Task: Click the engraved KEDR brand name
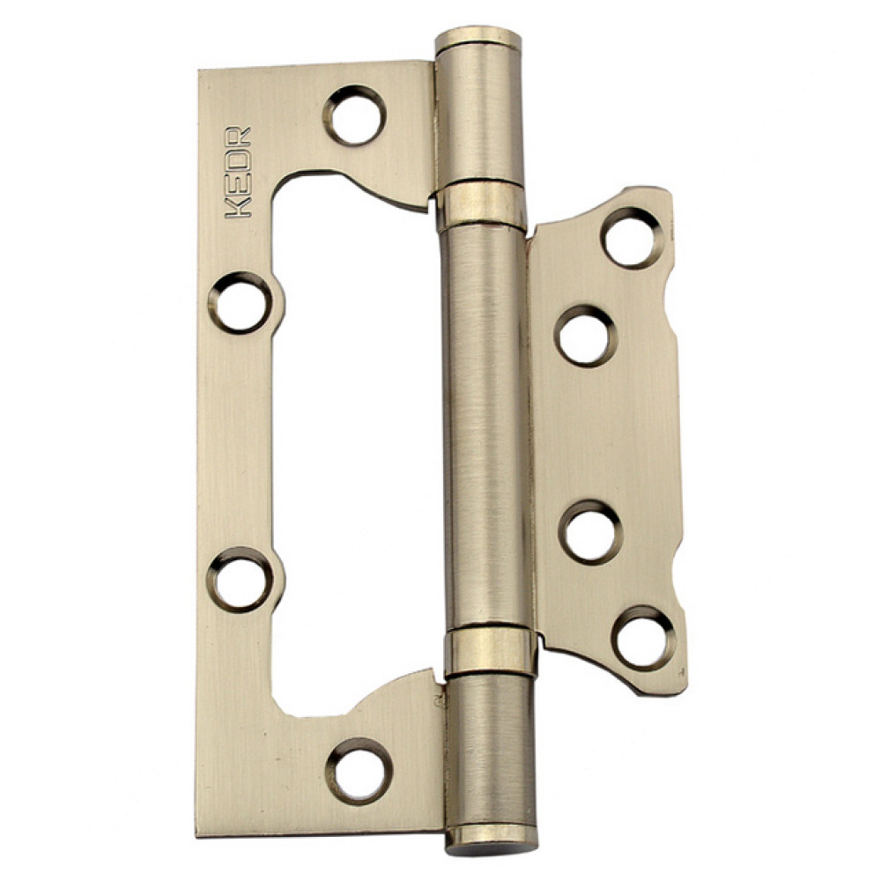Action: pyautogui.click(x=238, y=172)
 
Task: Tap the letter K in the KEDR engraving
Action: pyautogui.click(x=238, y=207)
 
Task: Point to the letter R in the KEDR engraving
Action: pyautogui.click(x=238, y=137)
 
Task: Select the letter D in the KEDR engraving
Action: pyautogui.click(x=238, y=160)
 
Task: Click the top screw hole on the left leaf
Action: pyautogui.click(x=354, y=115)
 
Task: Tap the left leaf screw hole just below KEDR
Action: pyautogui.click(x=242, y=303)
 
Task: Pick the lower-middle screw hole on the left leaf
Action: pyautogui.click(x=241, y=580)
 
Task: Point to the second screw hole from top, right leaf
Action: pyautogui.click(x=586, y=336)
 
